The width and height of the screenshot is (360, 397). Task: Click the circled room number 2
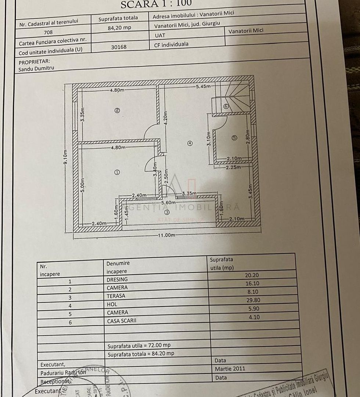[117, 110]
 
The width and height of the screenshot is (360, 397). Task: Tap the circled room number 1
[117, 172]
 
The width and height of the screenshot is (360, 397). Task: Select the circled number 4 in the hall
[190, 144]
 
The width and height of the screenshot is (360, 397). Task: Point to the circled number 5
[235, 138]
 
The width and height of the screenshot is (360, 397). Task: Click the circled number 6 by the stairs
[226, 106]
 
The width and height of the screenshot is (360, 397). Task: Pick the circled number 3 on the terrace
[167, 212]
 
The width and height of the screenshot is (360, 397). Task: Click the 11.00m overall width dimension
[167, 235]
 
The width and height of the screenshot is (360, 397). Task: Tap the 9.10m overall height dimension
[65, 158]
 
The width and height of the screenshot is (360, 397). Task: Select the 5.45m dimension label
[203, 87]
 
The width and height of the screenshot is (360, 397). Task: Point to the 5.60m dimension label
[167, 202]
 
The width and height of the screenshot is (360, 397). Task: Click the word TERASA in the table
[116, 296]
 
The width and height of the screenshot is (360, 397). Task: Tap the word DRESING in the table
[117, 279]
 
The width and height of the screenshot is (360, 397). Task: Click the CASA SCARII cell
[122, 321]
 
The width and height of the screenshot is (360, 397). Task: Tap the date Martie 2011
[230, 369]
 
